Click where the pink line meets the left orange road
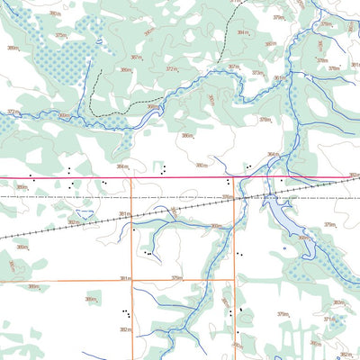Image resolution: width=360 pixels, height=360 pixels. click(132, 177)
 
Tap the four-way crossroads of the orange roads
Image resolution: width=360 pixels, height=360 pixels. click(132, 281)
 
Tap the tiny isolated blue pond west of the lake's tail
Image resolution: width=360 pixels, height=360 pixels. click(284, 248)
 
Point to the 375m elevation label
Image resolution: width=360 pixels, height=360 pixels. click(61, 35)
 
